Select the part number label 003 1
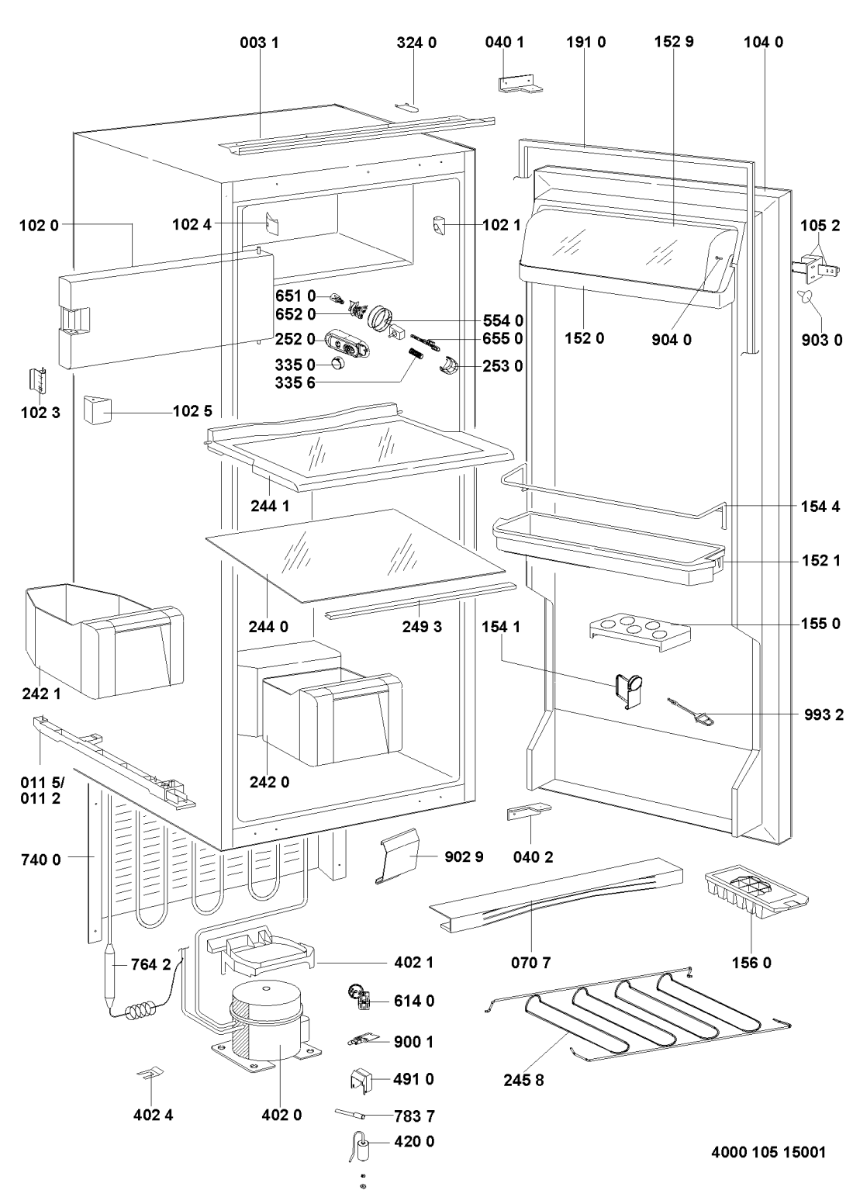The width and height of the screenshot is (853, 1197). pyautogui.click(x=257, y=43)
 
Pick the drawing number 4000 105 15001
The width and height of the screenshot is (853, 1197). pyautogui.click(x=767, y=1152)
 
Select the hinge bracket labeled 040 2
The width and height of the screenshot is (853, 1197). pyautogui.click(x=527, y=811)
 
